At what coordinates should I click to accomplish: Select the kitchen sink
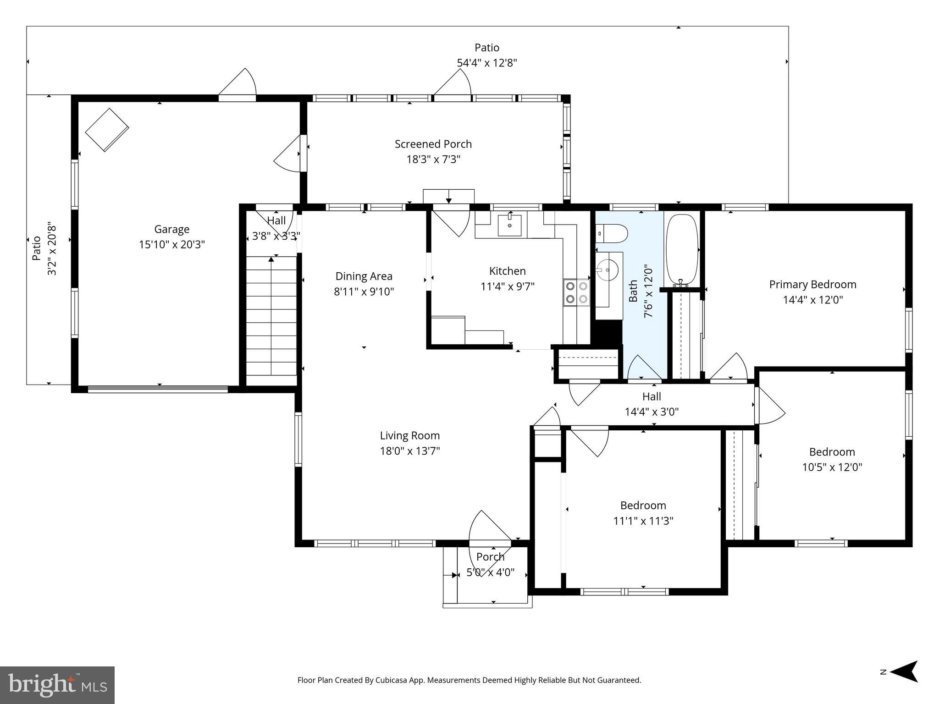pos(509,225)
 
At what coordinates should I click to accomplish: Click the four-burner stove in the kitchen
pos(577,292)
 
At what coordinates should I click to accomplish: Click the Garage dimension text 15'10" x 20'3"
pos(171,244)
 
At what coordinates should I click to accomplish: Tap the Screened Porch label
pos(433,144)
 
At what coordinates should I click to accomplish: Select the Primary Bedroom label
pos(812,284)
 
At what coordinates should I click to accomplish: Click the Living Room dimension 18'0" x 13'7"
pos(409,451)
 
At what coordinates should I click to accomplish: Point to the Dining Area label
pos(364,276)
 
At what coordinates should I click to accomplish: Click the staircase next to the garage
pos(271,316)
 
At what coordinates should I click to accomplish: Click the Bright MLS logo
pos(57,685)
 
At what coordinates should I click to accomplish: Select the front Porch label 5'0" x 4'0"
pos(490,565)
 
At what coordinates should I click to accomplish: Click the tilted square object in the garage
pos(107,129)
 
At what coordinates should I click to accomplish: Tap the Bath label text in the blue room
pos(633,291)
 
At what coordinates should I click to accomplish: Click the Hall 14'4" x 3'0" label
pos(651,404)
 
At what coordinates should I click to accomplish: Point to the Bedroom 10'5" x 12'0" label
pos(832,459)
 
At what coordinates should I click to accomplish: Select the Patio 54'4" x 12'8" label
pos(486,55)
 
